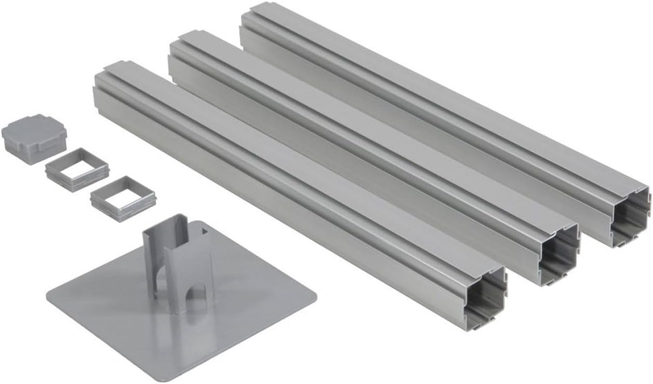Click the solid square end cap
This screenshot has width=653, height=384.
pyautogui.click(x=34, y=137)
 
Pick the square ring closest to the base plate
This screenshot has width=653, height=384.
pyautogui.click(x=123, y=198)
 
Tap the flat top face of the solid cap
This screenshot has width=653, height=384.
pyautogui.click(x=34, y=129)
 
